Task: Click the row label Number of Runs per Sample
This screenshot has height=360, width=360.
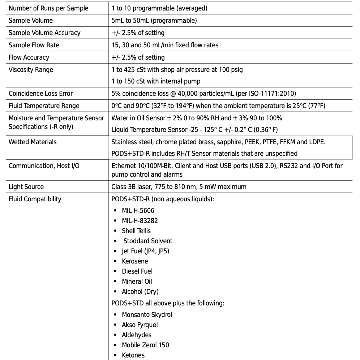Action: pyautogui.click(x=48, y=8)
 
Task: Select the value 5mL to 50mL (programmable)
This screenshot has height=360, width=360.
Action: pyautogui.click(x=154, y=20)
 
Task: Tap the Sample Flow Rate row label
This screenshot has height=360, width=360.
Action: pyautogui.click(x=34, y=45)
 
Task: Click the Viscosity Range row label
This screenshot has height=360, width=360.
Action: pyautogui.click(x=31, y=69)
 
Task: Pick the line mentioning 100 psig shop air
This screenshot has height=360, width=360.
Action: pyautogui.click(x=177, y=69)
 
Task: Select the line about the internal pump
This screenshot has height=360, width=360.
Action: pyautogui.click(x=156, y=81)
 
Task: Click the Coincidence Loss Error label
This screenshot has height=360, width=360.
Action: pyautogui.click(x=40, y=93)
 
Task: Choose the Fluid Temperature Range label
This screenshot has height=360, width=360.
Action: pyautogui.click(x=44, y=106)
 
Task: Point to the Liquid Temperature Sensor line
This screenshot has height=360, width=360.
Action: pyautogui.click(x=194, y=129)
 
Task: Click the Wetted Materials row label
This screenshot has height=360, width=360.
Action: pyautogui.click(x=33, y=142)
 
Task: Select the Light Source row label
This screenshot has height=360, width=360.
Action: pyautogui.click(x=26, y=187)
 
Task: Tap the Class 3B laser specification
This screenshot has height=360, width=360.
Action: pyautogui.click(x=179, y=187)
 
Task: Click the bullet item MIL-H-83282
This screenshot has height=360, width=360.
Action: pyautogui.click(x=140, y=220)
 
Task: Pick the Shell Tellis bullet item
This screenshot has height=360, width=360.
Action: pyautogui.click(x=136, y=231)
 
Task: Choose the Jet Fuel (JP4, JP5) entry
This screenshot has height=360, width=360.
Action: pyautogui.click(x=145, y=251)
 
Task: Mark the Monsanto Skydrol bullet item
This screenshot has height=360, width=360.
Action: pyautogui.click(x=147, y=314)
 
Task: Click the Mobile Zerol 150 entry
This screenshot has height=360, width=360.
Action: pyautogui.click(x=145, y=345)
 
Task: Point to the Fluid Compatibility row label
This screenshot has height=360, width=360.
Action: pyautogui.click(x=35, y=199)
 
